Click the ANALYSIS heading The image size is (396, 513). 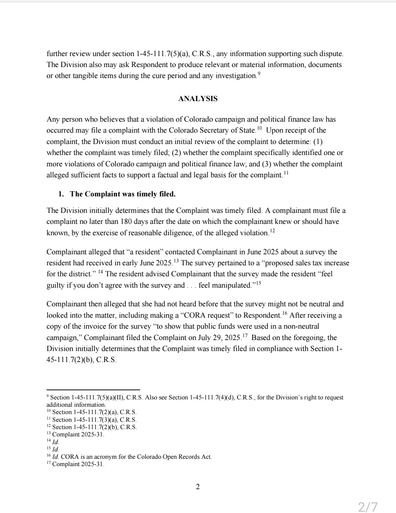point(198,99)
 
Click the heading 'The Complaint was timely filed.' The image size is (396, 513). point(122,194)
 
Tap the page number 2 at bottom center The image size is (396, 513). point(198,487)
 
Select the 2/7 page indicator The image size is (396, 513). point(368,506)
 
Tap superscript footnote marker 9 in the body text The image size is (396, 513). point(259,73)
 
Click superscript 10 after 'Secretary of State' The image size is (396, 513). point(260,128)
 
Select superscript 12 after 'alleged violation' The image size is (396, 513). point(272,230)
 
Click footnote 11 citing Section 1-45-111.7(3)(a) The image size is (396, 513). point(94,420)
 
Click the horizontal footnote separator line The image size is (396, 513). point(93,390)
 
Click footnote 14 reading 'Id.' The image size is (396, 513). point(55,442)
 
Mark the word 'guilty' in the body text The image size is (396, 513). point(55,285)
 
